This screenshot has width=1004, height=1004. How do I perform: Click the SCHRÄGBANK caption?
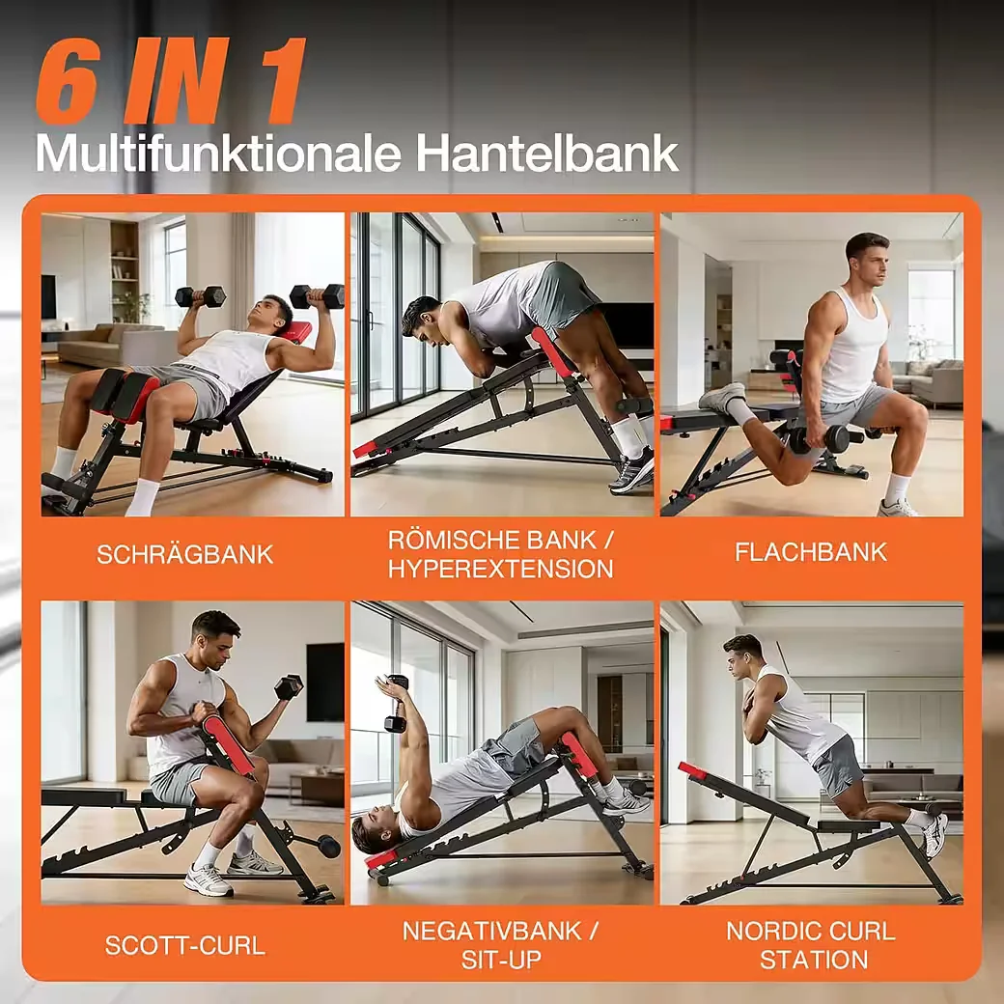pos(185,554)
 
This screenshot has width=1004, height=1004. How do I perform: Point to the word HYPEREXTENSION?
pos(501,569)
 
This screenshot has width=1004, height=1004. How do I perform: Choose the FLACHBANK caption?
pos(811,552)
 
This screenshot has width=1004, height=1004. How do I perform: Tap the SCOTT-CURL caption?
pos(185,945)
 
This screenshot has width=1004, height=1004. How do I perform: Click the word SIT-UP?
pos(501,960)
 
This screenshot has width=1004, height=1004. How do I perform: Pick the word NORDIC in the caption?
pos(767,931)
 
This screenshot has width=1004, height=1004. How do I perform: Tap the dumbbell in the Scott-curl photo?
pos(289,686)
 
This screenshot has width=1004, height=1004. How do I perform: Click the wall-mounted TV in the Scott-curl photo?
pos(324,682)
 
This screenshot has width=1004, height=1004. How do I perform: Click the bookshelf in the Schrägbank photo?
pos(125,271)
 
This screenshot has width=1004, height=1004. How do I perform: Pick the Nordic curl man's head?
pos(743,655)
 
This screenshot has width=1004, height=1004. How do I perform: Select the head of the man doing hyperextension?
pos(421,319)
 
